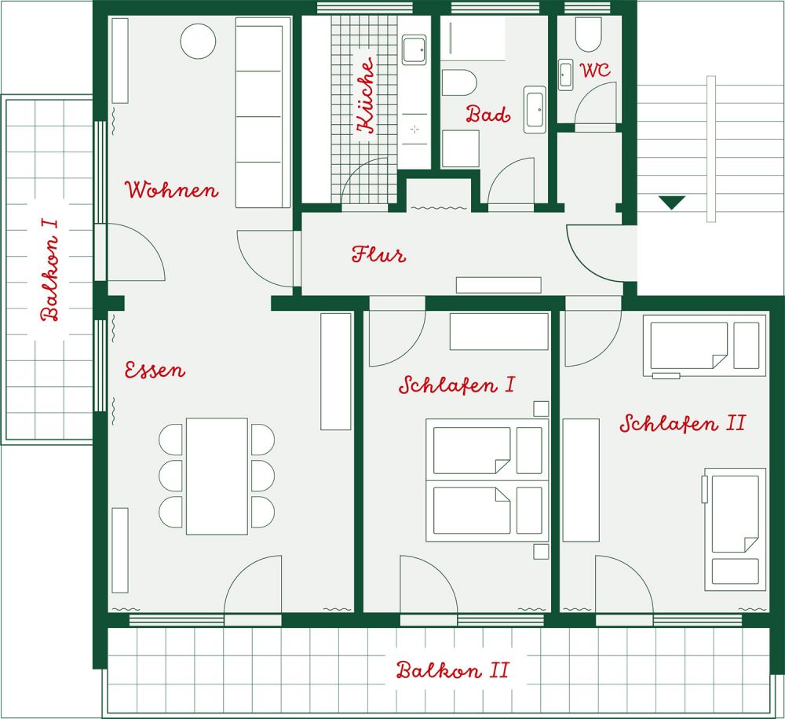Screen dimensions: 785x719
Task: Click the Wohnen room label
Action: coord(171,190)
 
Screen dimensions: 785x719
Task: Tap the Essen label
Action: coord(155,370)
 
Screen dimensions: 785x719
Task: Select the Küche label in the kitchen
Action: coord(365,95)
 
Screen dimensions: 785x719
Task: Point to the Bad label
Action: coord(488,114)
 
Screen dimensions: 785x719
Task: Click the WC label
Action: coord(596,70)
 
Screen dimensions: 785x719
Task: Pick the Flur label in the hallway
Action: coord(378,254)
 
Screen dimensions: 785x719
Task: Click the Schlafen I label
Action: coord(457,385)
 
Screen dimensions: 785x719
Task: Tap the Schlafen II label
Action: coord(683,424)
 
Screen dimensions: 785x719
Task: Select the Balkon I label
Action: coord(50,270)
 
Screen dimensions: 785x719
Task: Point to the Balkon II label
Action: coord(453,670)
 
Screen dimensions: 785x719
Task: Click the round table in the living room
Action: coord(198,41)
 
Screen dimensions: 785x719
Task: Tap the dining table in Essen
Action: coord(217,476)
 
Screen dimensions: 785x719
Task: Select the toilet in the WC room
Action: coord(588,35)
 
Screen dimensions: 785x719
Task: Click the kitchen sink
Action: coord(414,49)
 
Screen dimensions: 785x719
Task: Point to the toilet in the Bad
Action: coord(458,82)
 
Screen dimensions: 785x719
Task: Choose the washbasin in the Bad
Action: coord(535,109)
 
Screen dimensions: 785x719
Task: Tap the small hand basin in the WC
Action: coord(566,75)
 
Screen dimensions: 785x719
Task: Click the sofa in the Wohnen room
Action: coord(263,113)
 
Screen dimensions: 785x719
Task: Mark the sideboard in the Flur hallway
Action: coord(498,285)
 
